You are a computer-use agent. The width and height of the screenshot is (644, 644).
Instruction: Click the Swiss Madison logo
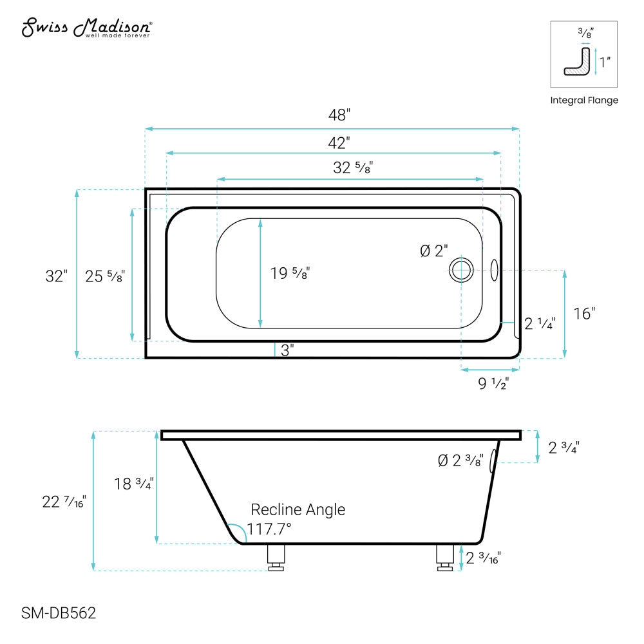(x=88, y=28)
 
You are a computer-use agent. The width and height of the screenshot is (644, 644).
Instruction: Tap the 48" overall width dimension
(x=339, y=115)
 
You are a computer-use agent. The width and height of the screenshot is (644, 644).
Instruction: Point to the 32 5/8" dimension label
(x=353, y=167)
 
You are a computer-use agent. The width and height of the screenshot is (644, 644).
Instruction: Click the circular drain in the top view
(x=461, y=269)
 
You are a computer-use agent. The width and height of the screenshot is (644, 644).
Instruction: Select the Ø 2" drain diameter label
(x=433, y=251)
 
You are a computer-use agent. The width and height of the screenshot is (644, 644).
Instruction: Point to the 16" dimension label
(x=584, y=314)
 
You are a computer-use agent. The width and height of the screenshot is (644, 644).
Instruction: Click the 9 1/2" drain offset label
(x=493, y=384)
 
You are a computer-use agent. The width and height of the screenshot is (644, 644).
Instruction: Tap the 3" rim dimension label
(x=287, y=350)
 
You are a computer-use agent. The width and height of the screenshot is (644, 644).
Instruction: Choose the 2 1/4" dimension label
(x=539, y=324)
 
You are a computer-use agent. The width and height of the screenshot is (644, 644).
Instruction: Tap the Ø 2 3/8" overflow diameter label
(x=460, y=460)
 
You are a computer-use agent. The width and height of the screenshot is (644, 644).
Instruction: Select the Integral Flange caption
(x=583, y=100)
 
